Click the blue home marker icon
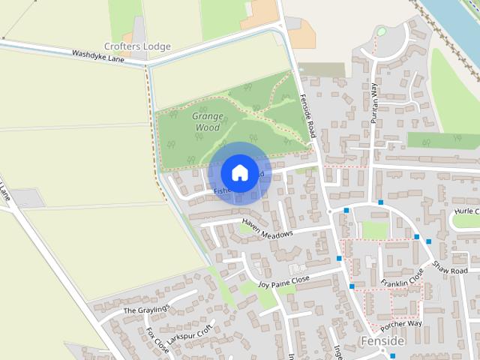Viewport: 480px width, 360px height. coord(239,172)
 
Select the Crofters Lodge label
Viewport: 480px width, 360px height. coord(137,46)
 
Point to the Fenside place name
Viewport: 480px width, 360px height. coord(382,340)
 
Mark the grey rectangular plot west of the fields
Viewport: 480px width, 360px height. coord(28,198)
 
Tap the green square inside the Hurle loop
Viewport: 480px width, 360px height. coord(373,229)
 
